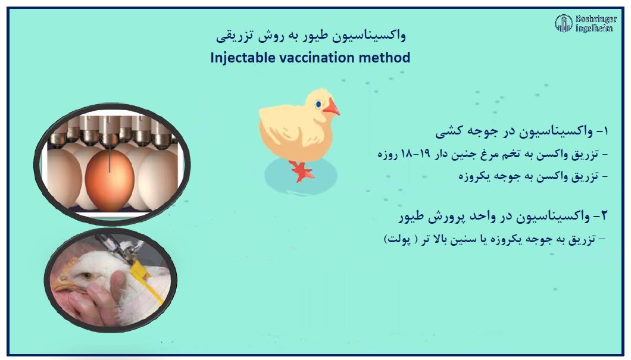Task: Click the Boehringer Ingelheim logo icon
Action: [x=563, y=23]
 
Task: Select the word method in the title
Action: [x=385, y=58]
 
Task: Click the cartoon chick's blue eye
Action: [x=318, y=105]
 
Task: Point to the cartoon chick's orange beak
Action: [x=332, y=107]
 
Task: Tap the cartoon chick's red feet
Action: [x=302, y=171]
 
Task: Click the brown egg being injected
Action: [x=110, y=180]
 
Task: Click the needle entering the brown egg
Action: [x=109, y=160]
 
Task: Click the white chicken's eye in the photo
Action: [x=86, y=276]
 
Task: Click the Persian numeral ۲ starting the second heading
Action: [x=603, y=217]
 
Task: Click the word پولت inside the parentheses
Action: [x=400, y=240]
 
